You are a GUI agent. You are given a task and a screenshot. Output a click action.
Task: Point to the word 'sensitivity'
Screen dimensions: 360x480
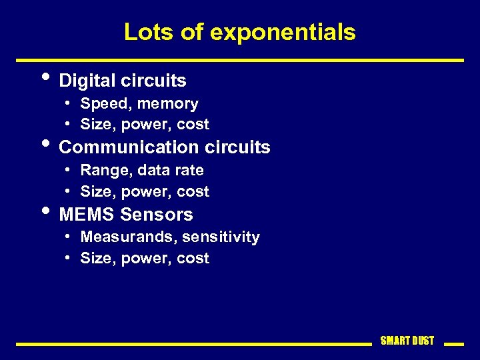coord(220,237)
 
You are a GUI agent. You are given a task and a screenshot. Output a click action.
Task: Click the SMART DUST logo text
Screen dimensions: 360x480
coord(407,341)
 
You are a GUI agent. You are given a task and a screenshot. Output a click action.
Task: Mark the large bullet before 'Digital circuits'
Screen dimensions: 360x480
coord(45,75)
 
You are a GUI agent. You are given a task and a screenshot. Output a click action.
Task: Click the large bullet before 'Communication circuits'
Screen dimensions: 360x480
coord(45,141)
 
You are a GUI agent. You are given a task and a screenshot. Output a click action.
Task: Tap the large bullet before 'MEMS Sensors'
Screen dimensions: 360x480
coord(45,209)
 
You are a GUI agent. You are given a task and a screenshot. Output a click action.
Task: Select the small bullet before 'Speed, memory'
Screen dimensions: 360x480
coord(69,103)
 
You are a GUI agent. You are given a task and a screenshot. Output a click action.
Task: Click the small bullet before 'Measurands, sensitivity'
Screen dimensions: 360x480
coord(69,237)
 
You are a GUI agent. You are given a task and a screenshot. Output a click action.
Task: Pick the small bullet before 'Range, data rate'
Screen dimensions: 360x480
coord(69,170)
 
